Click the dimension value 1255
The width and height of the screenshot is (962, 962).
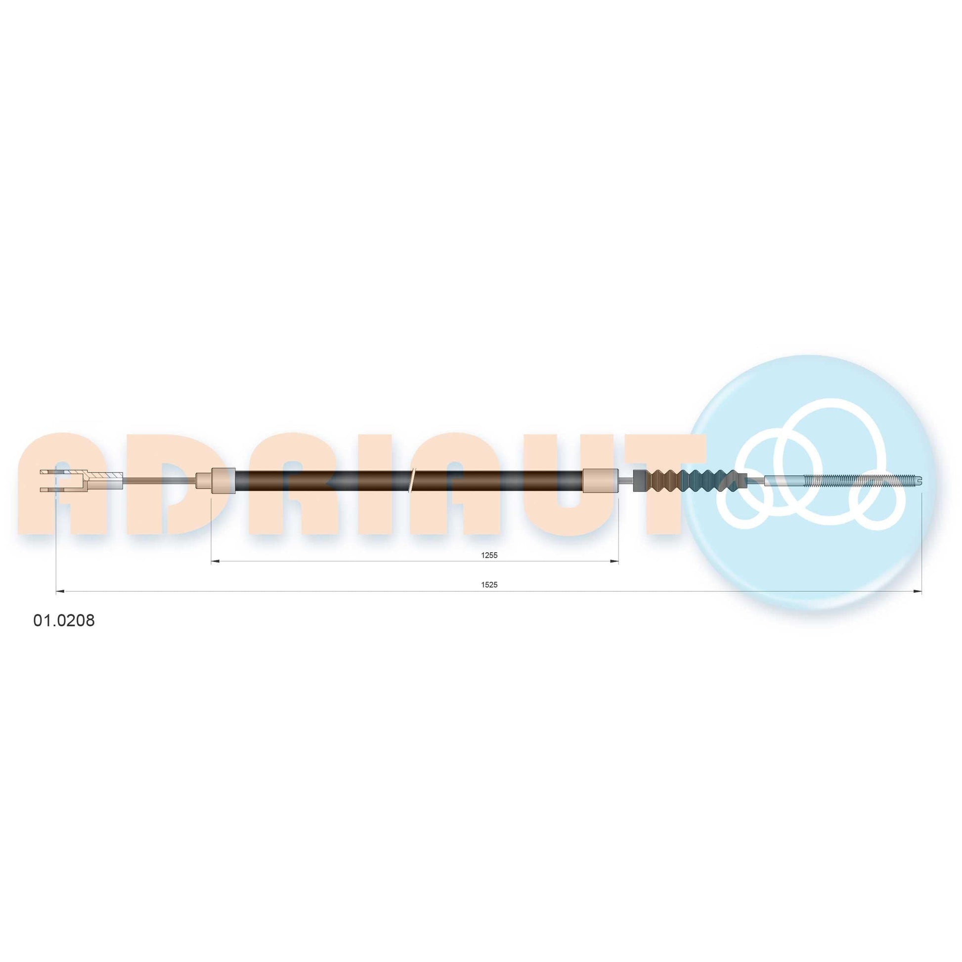click(489, 555)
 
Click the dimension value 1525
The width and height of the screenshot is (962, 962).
click(489, 585)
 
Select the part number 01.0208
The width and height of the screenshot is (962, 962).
click(64, 621)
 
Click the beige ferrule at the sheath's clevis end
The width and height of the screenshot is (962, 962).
click(222, 481)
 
